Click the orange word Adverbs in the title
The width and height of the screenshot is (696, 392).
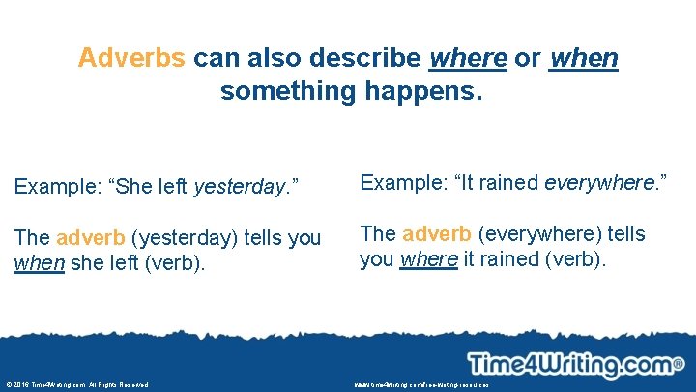(x=131, y=58)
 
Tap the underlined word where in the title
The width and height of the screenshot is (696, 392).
(x=467, y=58)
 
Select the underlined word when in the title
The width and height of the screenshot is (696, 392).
(x=583, y=58)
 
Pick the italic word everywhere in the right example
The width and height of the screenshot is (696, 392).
(x=600, y=183)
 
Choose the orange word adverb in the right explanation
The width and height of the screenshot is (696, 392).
(x=436, y=233)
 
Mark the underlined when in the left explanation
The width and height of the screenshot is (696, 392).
(x=39, y=262)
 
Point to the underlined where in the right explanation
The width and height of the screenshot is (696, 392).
(x=428, y=258)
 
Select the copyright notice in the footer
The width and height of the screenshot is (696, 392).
(x=76, y=384)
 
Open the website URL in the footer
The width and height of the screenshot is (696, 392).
(x=421, y=384)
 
